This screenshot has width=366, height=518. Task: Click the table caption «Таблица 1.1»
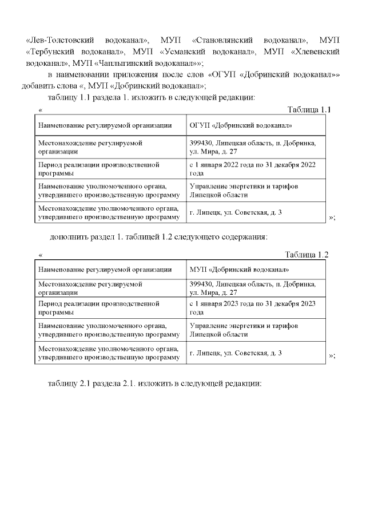(308, 109)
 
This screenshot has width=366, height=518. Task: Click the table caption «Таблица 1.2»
(307, 255)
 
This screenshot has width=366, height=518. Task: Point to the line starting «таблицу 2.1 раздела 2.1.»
(155, 383)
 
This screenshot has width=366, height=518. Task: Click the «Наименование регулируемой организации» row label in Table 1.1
(105, 125)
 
